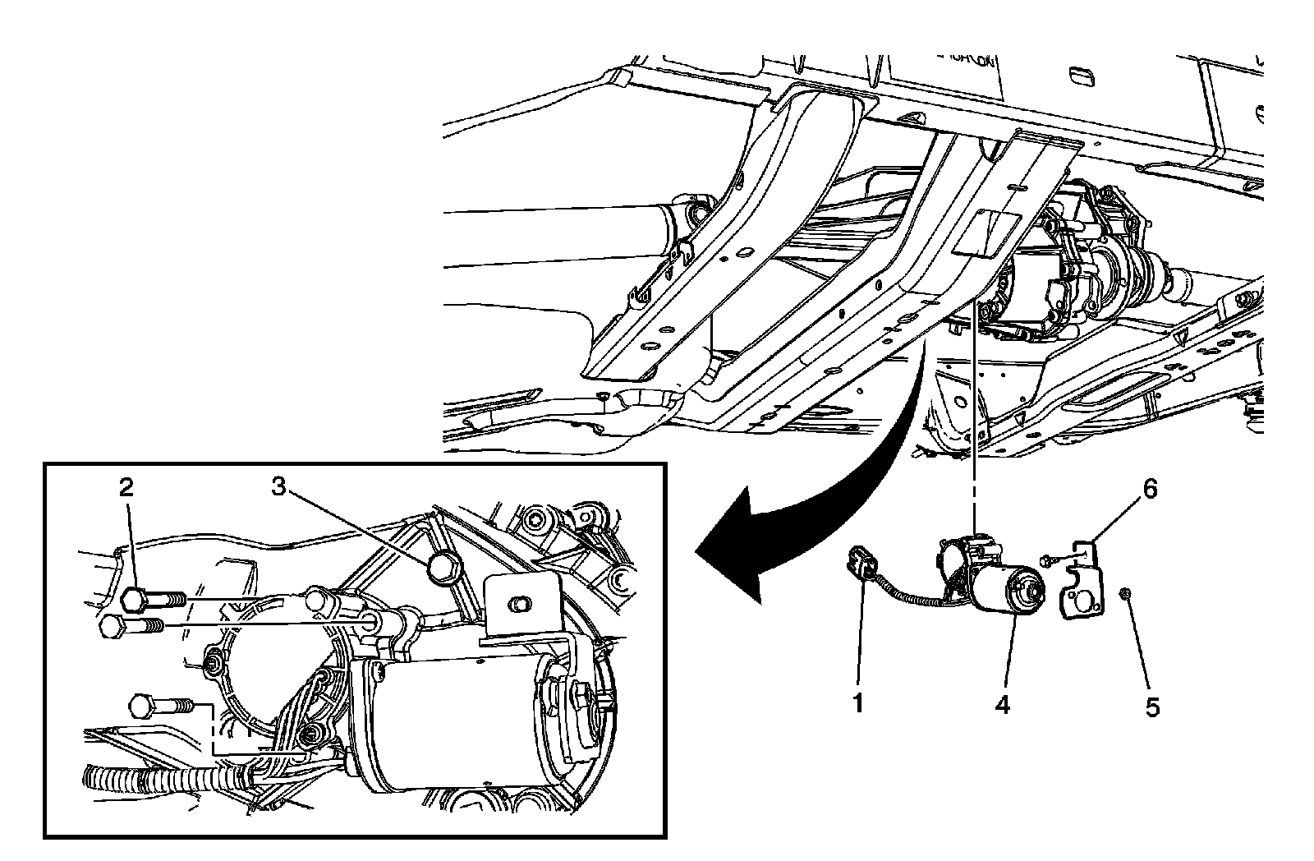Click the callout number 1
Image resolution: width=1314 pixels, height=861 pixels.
857,704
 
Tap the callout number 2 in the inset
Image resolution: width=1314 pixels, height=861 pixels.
126,488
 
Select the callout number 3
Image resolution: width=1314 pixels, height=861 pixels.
280,487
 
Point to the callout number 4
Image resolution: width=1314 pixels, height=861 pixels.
1003,704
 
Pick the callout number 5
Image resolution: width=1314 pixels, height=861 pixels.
1152,707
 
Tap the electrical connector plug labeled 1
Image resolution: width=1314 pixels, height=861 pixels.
860,568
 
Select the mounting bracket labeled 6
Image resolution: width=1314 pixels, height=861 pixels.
1085,584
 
